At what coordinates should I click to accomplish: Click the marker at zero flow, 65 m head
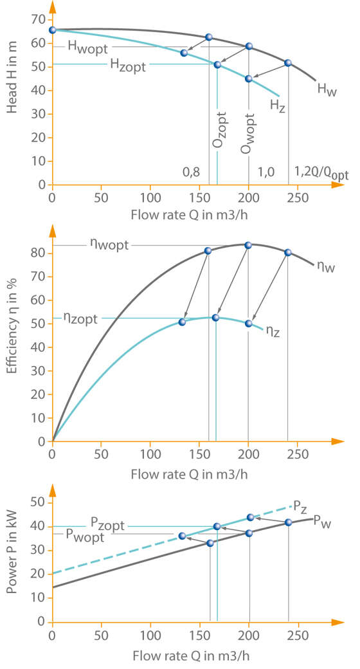pos(52,30)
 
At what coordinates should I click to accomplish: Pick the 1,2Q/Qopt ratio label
pos(321,172)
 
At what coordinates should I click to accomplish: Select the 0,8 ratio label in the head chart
pos(191,172)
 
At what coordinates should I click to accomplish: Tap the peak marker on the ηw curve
pos(248,245)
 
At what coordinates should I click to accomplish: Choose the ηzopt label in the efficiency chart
pos(80,318)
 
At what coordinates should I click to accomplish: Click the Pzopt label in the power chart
pos(107,526)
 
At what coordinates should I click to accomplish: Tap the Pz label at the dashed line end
pos(300,505)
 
